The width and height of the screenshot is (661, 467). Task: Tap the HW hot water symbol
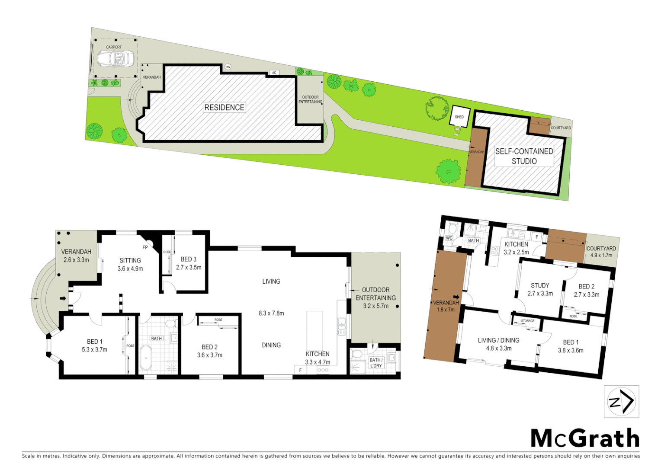click(x=228, y=67)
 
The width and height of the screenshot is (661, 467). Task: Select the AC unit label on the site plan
click(x=274, y=73)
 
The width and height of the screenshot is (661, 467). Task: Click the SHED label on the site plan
click(x=459, y=117)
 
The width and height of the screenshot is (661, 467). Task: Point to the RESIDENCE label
click(x=225, y=107)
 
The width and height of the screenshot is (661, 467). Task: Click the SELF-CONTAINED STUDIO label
click(x=524, y=156)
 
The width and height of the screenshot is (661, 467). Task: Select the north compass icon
click(x=621, y=402)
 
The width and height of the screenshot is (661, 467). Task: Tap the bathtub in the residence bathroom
click(x=145, y=358)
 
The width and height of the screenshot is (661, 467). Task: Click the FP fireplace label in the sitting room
click(x=145, y=247)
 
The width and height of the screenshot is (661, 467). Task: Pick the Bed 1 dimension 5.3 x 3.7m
click(x=94, y=349)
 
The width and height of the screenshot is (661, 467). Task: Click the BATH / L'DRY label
click(x=375, y=363)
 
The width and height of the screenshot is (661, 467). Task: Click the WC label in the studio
click(x=449, y=238)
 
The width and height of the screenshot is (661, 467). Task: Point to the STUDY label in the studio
click(x=540, y=285)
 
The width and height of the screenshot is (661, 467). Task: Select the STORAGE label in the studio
click(x=527, y=321)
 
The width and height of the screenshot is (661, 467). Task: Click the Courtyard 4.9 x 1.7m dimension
click(x=601, y=255)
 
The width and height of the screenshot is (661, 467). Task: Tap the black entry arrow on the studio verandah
click(x=456, y=297)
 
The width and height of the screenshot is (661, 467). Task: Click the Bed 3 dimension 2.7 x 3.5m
click(x=189, y=267)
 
